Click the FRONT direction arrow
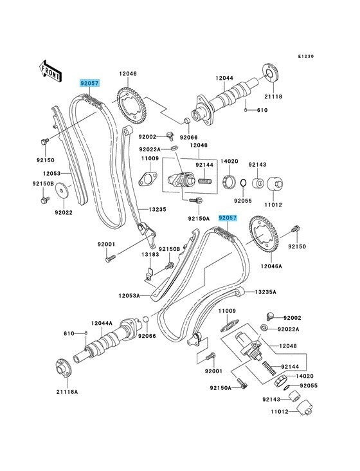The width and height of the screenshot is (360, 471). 51,71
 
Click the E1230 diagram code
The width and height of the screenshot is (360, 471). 306,56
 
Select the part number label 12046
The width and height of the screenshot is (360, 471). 128,73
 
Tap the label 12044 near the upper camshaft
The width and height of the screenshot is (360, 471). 224,78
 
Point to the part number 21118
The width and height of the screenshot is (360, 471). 273,97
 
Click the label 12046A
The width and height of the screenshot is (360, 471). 271,266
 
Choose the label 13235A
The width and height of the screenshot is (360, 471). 265,291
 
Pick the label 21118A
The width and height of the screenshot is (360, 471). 67,392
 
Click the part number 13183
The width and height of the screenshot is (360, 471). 150,254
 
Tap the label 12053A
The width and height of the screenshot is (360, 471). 129,296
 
